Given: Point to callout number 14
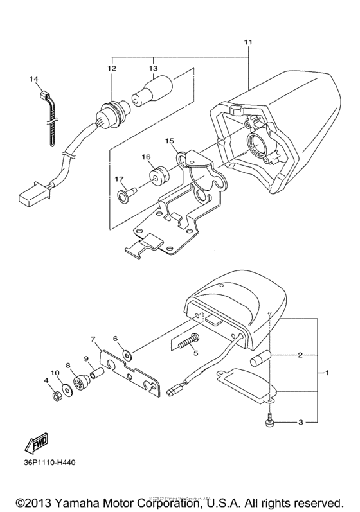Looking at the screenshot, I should [x=34, y=79].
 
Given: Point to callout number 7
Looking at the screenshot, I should [x=93, y=339].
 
